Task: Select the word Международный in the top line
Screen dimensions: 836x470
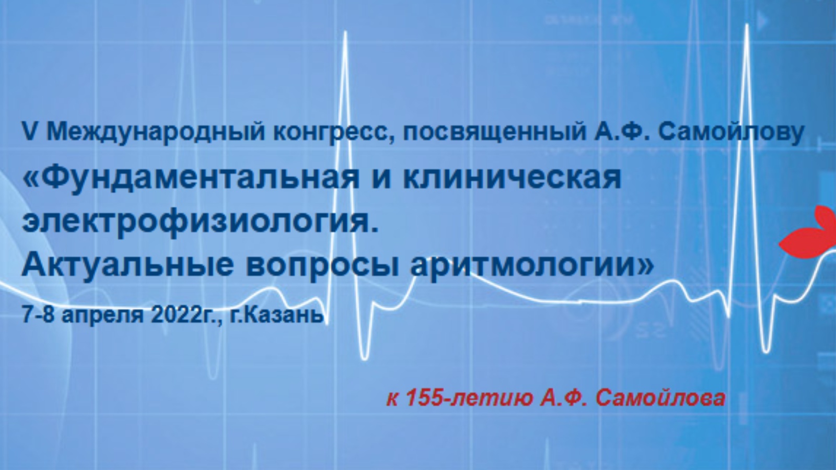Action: tap(156, 133)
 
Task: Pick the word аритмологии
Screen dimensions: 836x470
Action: tap(531, 267)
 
